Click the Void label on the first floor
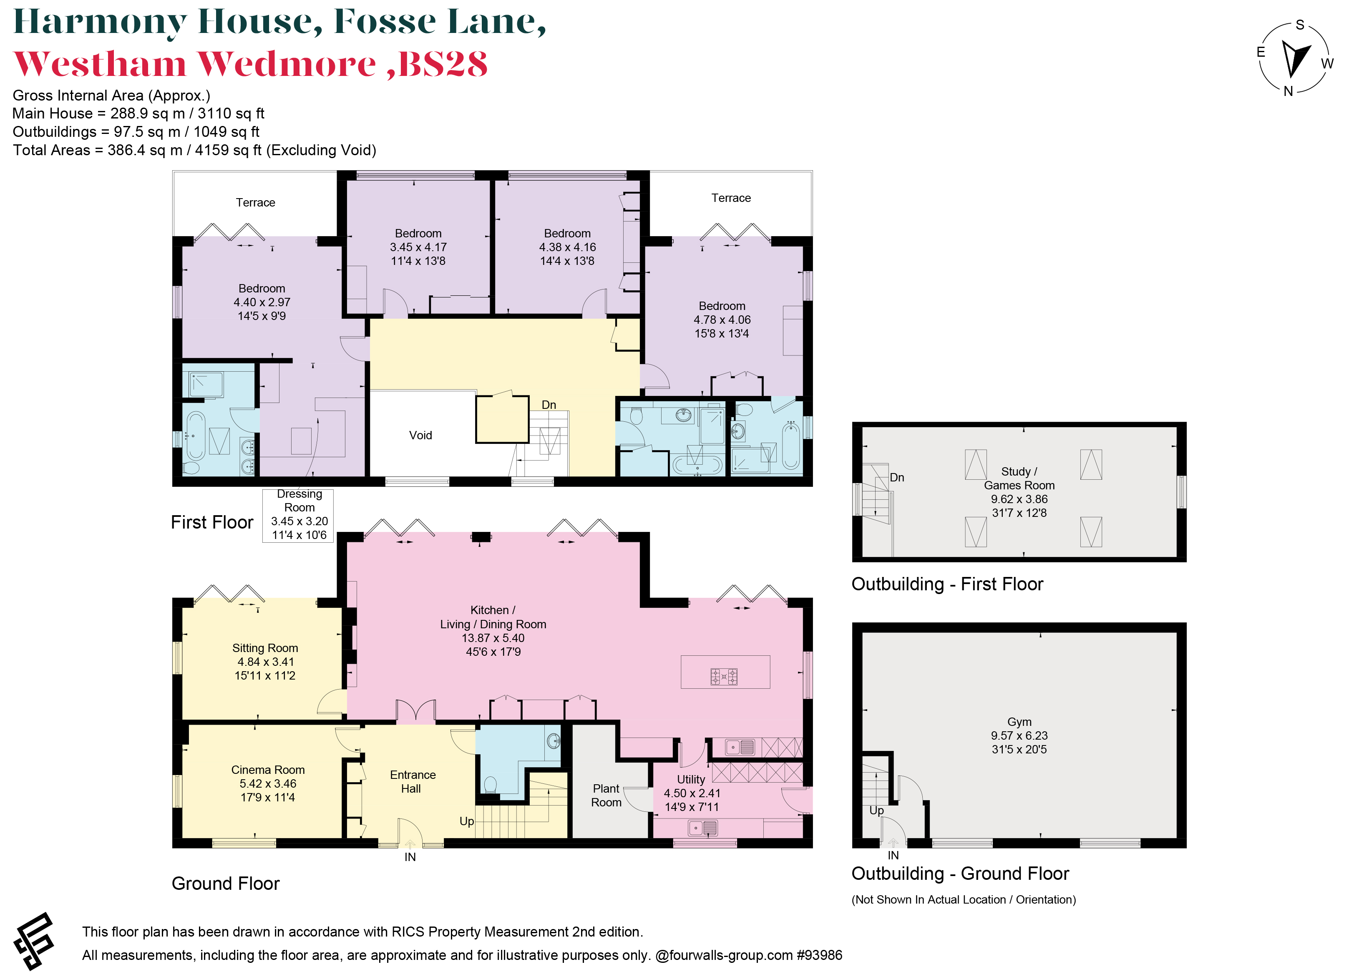click(x=420, y=435)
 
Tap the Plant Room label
click(x=606, y=795)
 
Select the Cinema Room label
click(x=267, y=770)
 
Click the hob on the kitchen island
click(x=724, y=677)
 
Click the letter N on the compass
click(x=1289, y=91)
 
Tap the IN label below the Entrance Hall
click(x=410, y=857)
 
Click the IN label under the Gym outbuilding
click(x=893, y=855)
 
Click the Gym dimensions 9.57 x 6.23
click(x=1019, y=735)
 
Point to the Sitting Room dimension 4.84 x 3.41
click(x=265, y=662)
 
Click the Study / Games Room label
click(x=1019, y=478)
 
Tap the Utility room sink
click(x=703, y=828)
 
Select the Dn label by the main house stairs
click(x=549, y=405)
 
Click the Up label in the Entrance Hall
click(x=466, y=821)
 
